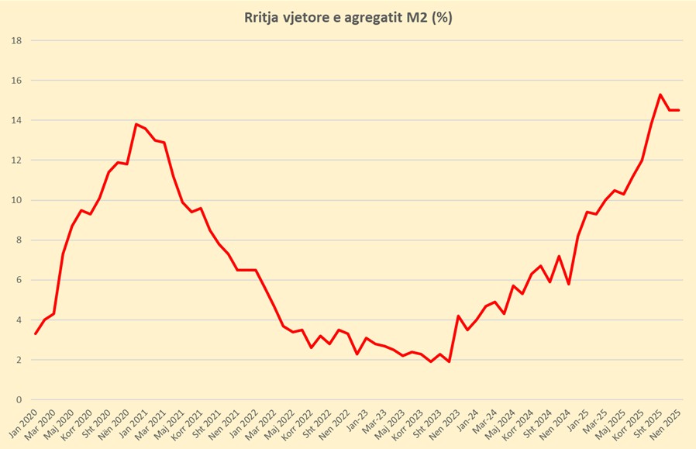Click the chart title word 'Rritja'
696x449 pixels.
(x=263, y=18)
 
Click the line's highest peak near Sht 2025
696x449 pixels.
(x=660, y=95)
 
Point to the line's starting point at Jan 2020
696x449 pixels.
(x=36, y=333)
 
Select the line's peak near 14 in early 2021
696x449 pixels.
(x=136, y=124)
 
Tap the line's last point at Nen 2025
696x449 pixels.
(x=679, y=110)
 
